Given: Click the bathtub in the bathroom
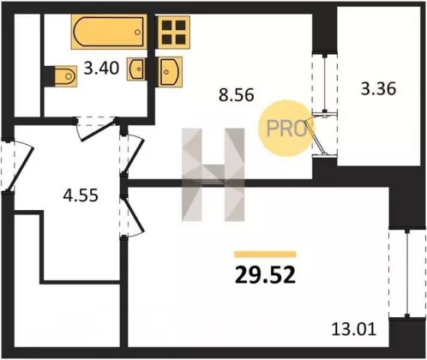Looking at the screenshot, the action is pyautogui.click(x=109, y=31).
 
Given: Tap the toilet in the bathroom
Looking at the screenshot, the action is pyautogui.click(x=65, y=76).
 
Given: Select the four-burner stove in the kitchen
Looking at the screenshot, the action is pyautogui.click(x=173, y=32).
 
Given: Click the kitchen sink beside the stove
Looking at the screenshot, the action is pyautogui.click(x=170, y=72).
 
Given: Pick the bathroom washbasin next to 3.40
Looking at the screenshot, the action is pyautogui.click(x=137, y=69).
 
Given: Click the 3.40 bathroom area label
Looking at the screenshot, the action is pyautogui.click(x=101, y=69).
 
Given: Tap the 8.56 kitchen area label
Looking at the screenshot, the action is pyautogui.click(x=236, y=95).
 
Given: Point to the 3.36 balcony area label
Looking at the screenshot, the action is pyautogui.click(x=378, y=88).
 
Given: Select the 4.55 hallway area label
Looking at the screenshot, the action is pyautogui.click(x=81, y=195).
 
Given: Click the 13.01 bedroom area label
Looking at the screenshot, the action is pyautogui.click(x=353, y=329).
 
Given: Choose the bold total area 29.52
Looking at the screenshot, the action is pyautogui.click(x=265, y=276).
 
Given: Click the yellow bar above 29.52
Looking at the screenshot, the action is pyautogui.click(x=265, y=255).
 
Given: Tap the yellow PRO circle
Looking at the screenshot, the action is pyautogui.click(x=285, y=129).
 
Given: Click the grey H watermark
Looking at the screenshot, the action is pyautogui.click(x=213, y=175).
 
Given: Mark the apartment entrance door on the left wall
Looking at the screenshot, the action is pyautogui.click(x=18, y=165).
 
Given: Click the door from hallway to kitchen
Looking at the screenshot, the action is pyautogui.click(x=132, y=154).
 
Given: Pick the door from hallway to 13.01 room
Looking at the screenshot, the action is pyautogui.click(x=131, y=216).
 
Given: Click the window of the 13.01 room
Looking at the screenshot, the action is pyautogui.click(x=407, y=273).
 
